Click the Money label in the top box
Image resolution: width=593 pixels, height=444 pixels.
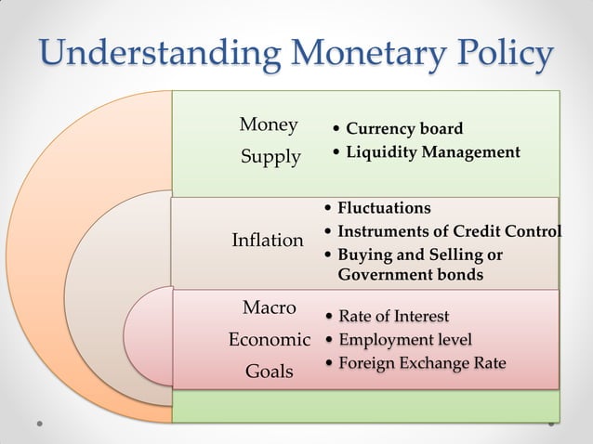click(269, 124)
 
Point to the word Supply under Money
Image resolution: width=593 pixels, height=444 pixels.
click(270, 157)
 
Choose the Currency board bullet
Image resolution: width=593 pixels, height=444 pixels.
click(403, 128)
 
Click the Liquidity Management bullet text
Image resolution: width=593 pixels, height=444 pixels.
click(432, 151)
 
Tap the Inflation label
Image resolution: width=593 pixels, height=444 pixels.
click(268, 241)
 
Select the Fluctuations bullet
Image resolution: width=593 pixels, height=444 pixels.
click(384, 208)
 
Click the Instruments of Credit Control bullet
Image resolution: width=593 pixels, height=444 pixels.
click(449, 231)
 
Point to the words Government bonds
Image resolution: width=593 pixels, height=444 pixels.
click(410, 275)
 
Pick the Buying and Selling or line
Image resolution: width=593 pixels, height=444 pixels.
click(419, 255)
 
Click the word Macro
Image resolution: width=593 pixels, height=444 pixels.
click(269, 307)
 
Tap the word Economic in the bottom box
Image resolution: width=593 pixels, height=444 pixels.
click(270, 339)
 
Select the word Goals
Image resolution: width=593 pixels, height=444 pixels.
click(269, 372)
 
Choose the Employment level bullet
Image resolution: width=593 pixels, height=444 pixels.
click(404, 339)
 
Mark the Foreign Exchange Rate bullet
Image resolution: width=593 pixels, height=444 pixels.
click(422, 362)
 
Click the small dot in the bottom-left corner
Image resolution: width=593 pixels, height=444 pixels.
click(41, 424)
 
